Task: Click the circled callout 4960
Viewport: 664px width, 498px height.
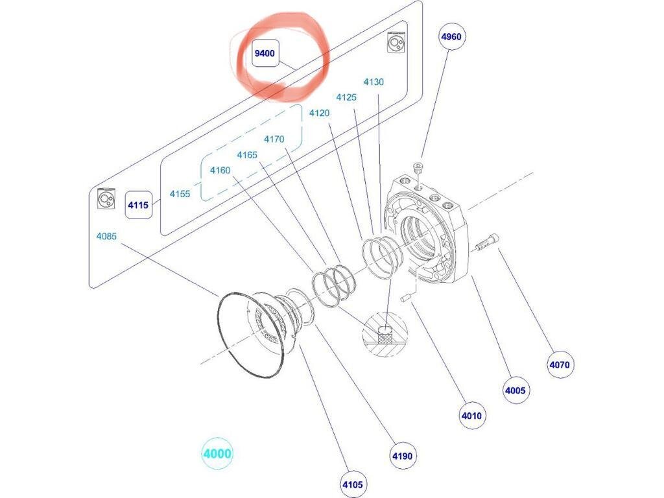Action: point(451,36)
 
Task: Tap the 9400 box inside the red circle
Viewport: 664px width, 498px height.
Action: point(265,53)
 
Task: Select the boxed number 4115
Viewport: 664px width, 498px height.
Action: point(139,205)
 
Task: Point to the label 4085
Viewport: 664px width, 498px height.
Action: point(106,236)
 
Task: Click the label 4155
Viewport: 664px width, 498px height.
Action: point(180,194)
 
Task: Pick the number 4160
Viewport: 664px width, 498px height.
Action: point(220,171)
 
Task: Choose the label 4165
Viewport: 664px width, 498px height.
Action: point(247,155)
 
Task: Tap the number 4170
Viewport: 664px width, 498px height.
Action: point(274,139)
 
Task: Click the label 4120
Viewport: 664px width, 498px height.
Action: point(319,113)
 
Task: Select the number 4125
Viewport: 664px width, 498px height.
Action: point(346,97)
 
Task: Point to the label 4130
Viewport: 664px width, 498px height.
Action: point(373,82)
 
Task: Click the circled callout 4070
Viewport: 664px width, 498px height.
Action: point(560,364)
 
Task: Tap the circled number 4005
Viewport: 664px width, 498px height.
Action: point(516,390)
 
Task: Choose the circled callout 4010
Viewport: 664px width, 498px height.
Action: point(472,416)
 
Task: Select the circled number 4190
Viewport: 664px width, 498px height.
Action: point(402,456)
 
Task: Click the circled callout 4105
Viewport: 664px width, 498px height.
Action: point(353,484)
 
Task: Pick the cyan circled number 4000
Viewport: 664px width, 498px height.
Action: point(217,453)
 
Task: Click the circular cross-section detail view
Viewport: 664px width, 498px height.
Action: point(385,335)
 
